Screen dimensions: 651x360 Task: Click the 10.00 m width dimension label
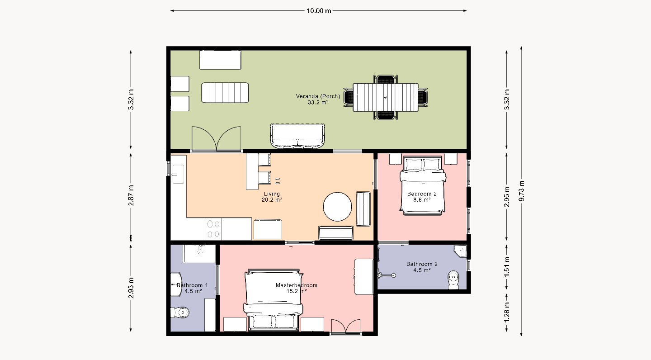point(319,11)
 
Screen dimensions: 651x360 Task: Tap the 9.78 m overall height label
point(522,191)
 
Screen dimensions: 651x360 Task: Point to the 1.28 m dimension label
point(507,313)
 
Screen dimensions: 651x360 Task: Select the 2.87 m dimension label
point(131,195)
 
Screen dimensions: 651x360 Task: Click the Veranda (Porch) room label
point(318,96)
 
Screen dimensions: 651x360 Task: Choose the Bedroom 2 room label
point(422,194)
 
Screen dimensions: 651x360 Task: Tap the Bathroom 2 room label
point(422,264)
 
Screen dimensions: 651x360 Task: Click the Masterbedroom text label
point(297,285)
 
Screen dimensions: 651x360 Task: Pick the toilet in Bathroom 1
point(180,313)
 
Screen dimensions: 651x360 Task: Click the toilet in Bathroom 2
point(453,280)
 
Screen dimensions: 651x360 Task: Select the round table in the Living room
point(337,207)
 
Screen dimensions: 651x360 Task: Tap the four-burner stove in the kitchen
point(213,229)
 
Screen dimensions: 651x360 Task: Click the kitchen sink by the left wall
point(178,174)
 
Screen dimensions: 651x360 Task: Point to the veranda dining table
point(386,97)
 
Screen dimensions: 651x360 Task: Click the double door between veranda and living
point(216,139)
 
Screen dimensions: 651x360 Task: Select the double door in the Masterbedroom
point(346,326)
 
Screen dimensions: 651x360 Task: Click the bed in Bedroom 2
point(423,185)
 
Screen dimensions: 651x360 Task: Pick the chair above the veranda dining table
point(386,79)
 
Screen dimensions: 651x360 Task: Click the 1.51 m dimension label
point(507,266)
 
